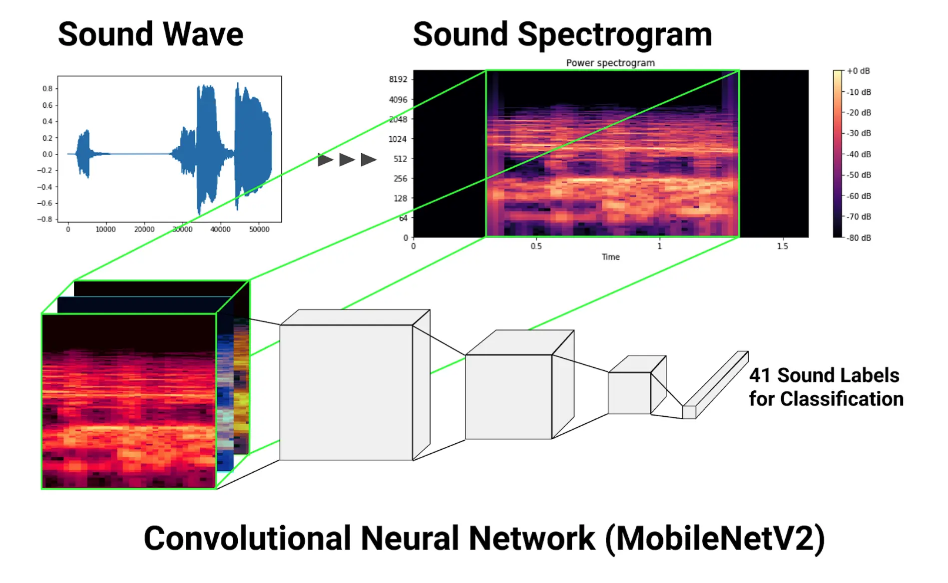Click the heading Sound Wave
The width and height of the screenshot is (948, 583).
tap(150, 34)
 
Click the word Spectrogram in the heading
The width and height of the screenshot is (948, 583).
tap(614, 35)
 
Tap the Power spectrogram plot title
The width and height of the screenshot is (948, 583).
tap(610, 63)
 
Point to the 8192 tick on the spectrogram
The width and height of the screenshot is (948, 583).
tap(398, 79)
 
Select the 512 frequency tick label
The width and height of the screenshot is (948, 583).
tap(400, 159)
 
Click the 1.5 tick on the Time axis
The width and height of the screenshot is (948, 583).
tap(782, 246)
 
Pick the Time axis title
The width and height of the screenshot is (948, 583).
tap(610, 257)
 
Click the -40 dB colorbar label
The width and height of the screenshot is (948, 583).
tap(859, 154)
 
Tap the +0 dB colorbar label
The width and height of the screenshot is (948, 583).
tap(858, 71)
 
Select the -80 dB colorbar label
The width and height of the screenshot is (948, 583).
tap(859, 238)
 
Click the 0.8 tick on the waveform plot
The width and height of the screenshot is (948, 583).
tap(47, 88)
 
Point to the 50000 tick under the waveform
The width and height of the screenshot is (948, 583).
tap(259, 230)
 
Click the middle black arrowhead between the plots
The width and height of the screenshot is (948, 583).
tap(347, 160)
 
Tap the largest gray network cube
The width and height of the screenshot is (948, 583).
tap(346, 392)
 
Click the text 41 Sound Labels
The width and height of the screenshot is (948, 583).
tap(824, 375)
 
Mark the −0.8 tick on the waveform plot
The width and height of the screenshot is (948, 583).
tap(44, 219)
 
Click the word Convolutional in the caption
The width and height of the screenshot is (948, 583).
tap(247, 539)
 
